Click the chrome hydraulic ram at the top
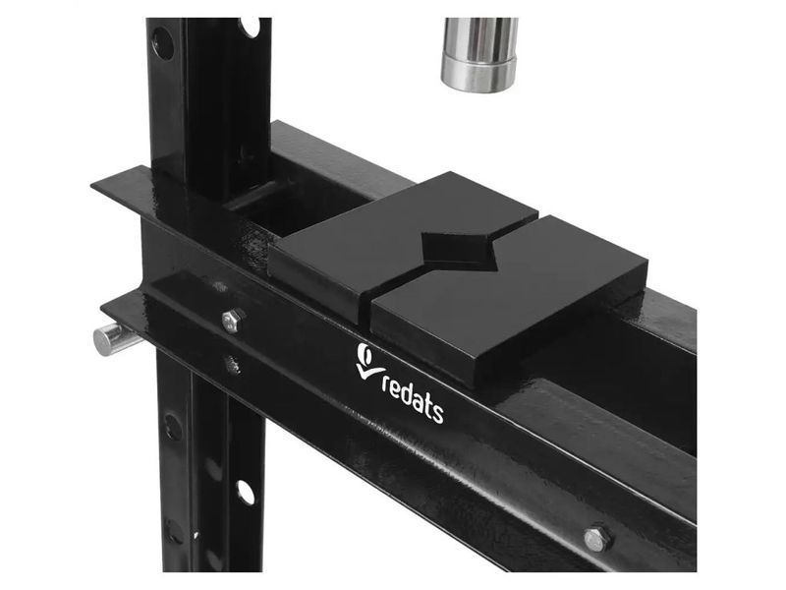click(479, 54)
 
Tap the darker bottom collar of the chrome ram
click(478, 76)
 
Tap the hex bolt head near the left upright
click(233, 321)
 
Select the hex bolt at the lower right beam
click(598, 538)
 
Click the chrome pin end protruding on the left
click(108, 338)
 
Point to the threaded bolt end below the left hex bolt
click(232, 365)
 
